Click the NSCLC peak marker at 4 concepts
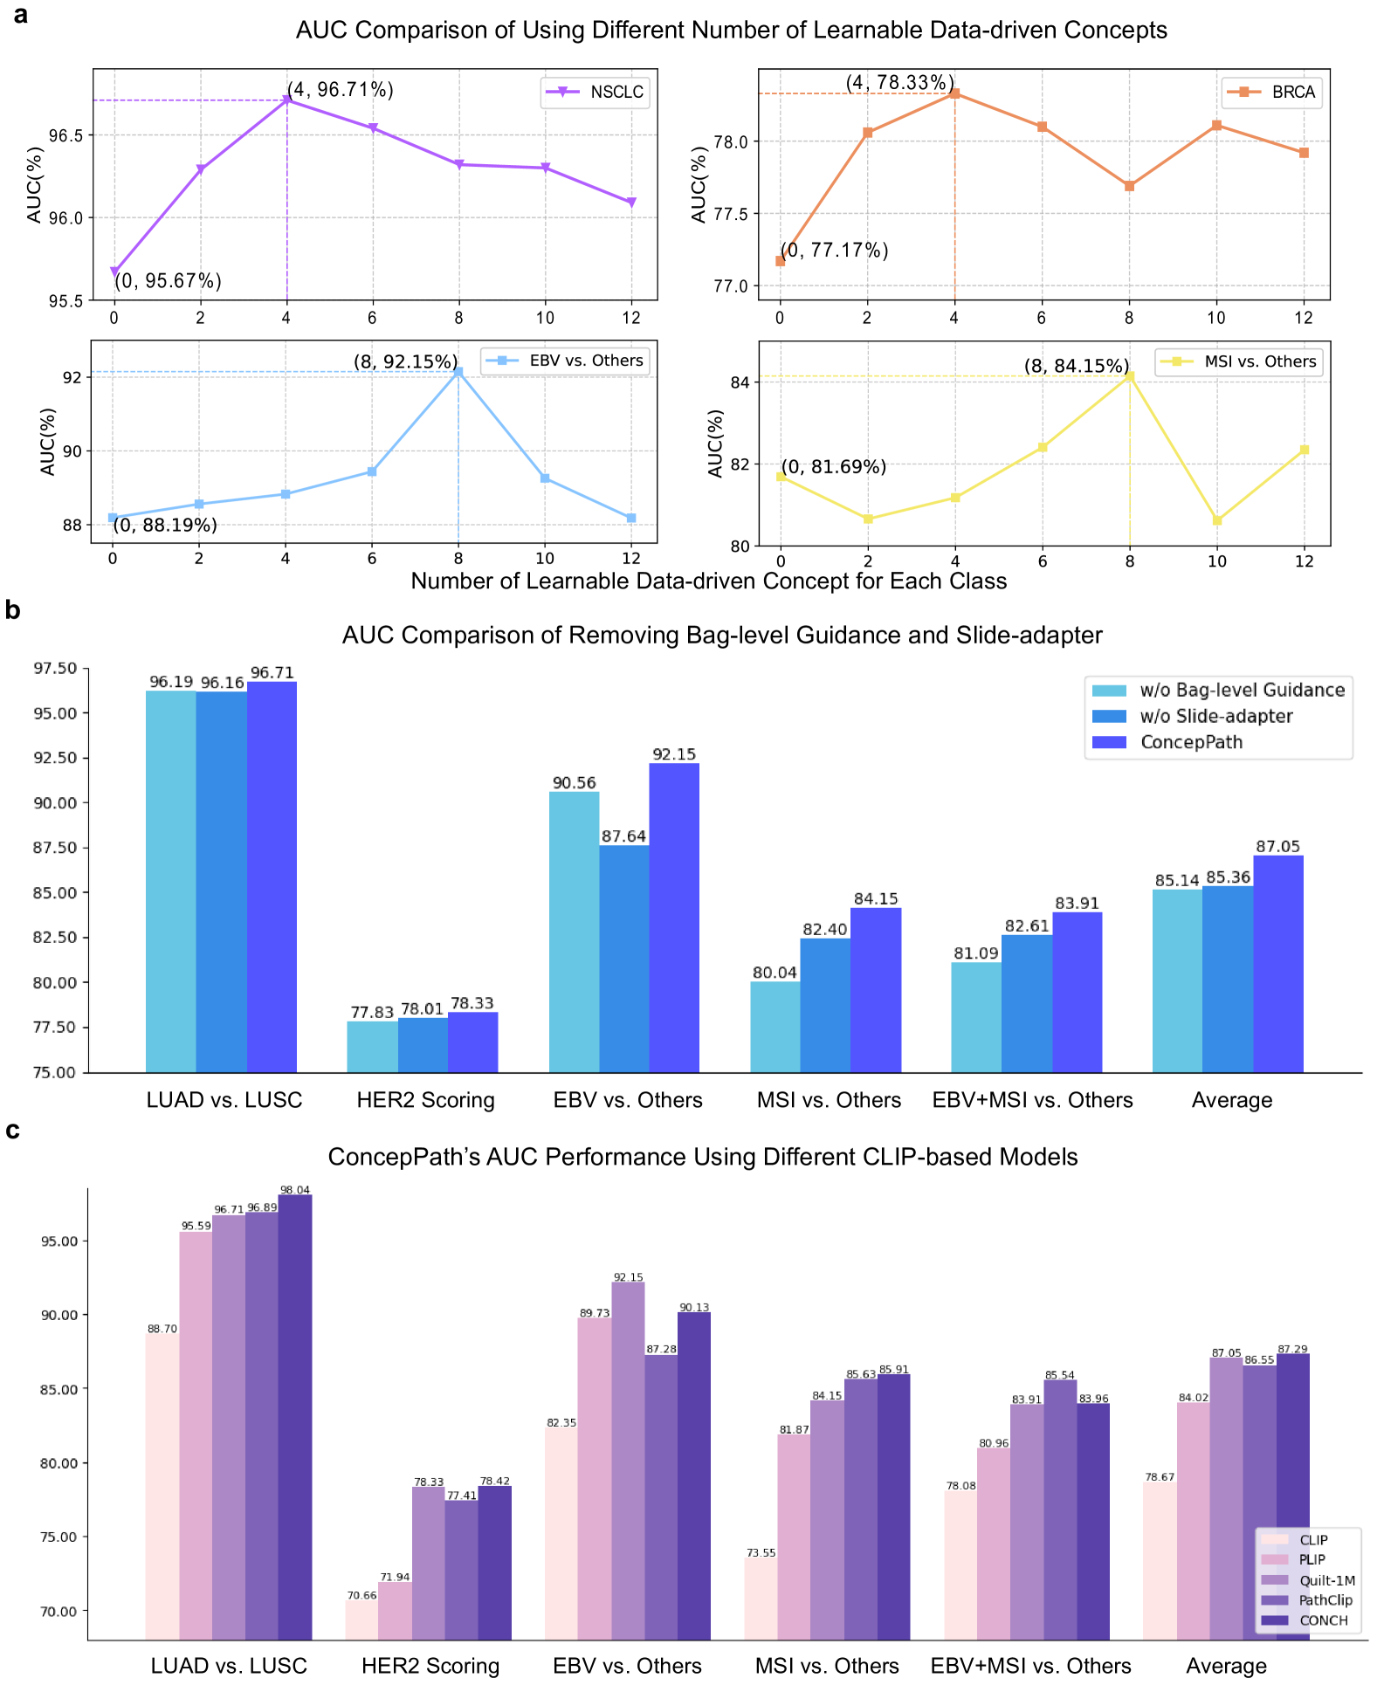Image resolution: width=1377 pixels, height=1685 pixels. click(286, 100)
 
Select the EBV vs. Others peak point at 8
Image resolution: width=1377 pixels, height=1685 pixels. click(458, 372)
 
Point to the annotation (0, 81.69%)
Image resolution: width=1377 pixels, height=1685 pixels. click(834, 467)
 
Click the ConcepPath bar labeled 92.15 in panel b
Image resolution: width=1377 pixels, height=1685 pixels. click(674, 917)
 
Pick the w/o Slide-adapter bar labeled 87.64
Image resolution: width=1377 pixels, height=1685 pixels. click(623, 958)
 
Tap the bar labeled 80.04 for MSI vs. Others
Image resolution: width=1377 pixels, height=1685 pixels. click(775, 1026)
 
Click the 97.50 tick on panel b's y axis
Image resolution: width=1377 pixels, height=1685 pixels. click(55, 669)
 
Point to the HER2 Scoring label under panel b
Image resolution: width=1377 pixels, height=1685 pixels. click(425, 1100)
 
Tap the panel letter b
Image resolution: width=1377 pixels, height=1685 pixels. click(12, 610)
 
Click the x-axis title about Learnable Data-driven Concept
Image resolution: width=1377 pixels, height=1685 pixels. click(708, 581)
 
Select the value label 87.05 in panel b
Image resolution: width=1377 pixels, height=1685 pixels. click(1277, 846)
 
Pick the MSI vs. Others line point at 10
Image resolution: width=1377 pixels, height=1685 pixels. click(1216, 520)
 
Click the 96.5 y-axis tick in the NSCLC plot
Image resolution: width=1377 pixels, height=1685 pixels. click(66, 135)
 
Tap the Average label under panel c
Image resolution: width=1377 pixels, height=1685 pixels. click(1226, 1666)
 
